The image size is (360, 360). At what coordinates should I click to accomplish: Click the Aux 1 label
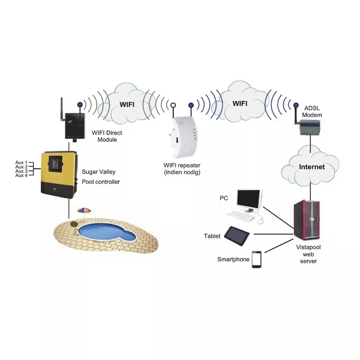click(x=21, y=162)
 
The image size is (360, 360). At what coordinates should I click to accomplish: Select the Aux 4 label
click(x=21, y=175)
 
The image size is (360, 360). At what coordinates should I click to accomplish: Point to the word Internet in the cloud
click(x=312, y=167)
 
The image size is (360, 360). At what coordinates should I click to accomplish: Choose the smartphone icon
click(x=256, y=259)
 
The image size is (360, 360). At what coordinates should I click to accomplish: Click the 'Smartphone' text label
click(x=233, y=259)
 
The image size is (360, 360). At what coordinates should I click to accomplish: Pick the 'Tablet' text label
click(x=212, y=236)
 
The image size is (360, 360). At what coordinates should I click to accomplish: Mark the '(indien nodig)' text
click(x=182, y=172)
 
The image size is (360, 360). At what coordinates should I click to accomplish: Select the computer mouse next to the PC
click(x=260, y=220)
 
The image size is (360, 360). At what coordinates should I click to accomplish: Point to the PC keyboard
click(x=240, y=216)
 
